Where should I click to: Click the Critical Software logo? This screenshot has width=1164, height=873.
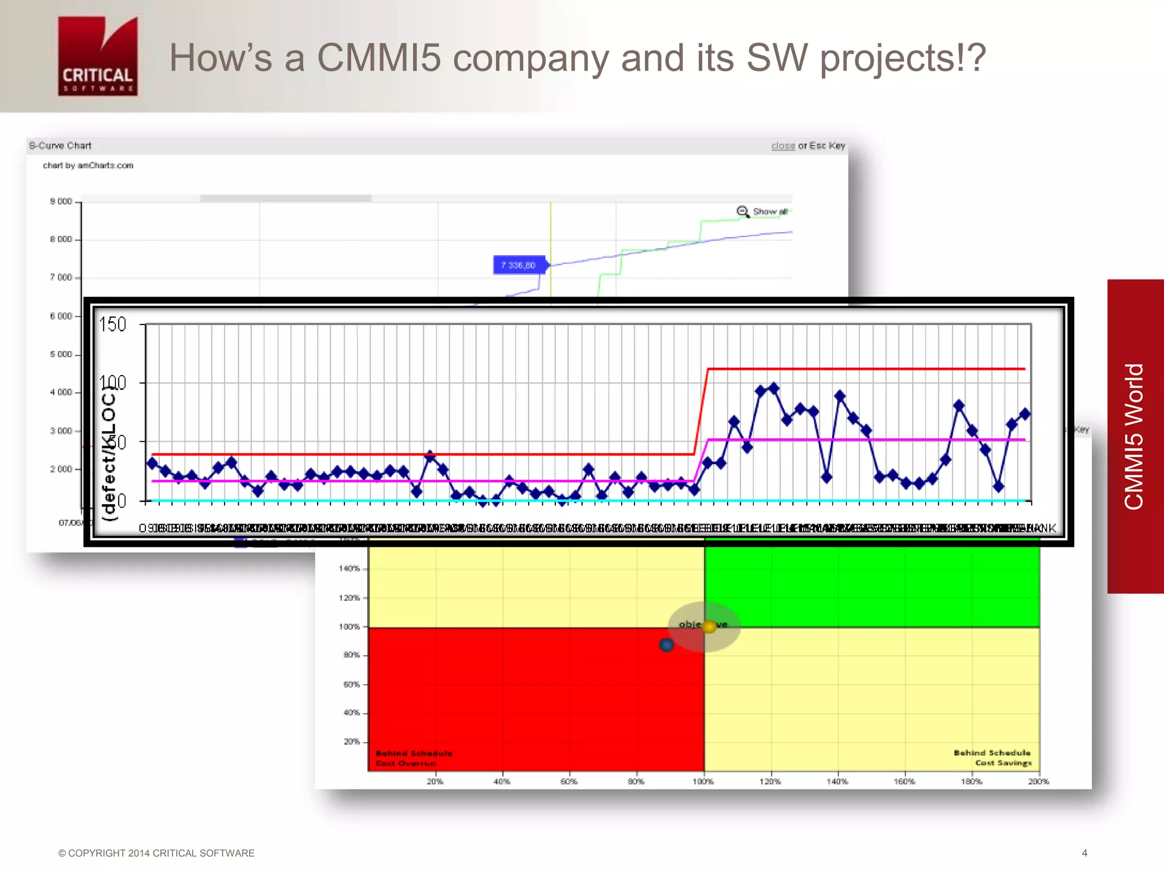tap(98, 56)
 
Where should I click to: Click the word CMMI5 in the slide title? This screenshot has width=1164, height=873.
tap(379, 58)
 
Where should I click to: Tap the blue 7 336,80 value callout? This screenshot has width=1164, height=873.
tap(518, 265)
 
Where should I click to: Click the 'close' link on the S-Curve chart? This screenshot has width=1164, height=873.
tap(783, 146)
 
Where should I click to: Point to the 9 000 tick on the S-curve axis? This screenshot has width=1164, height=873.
tap(61, 201)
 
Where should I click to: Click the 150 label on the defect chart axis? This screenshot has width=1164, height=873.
tap(113, 325)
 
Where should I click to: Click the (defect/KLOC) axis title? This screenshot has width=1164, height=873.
tap(108, 452)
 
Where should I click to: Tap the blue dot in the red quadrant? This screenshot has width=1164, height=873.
tap(666, 645)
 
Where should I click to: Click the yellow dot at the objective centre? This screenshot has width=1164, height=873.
tap(709, 626)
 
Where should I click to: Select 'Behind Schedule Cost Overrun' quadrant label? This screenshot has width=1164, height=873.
tap(414, 758)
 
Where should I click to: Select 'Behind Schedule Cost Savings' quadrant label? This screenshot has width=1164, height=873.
tap(992, 758)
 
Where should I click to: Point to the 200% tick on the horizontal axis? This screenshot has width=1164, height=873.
tap(1038, 781)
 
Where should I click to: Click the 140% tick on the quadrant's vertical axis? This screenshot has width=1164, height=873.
tap(350, 568)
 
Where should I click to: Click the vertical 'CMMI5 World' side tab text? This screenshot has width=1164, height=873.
tap(1134, 436)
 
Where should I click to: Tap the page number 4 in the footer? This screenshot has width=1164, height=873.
tap(1084, 853)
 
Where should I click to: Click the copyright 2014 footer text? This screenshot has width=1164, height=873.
tap(156, 853)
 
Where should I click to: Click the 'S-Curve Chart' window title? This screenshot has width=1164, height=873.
tap(60, 145)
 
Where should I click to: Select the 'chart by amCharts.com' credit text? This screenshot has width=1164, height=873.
tap(88, 165)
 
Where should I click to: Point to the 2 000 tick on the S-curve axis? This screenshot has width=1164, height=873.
tap(61, 469)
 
